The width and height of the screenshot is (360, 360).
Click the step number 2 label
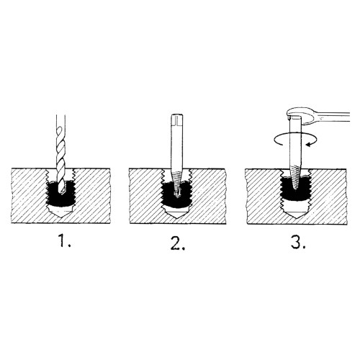(177, 243)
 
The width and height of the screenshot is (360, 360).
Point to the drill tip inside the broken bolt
(62, 190)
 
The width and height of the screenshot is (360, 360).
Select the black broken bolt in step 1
(60, 193)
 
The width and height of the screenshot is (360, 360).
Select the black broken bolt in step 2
(177, 193)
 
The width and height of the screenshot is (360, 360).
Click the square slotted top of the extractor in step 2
(177, 120)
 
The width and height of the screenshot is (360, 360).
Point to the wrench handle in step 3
(333, 116)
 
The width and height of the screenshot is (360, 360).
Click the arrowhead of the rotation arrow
(310, 144)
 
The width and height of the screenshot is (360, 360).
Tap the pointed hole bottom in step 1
(60, 212)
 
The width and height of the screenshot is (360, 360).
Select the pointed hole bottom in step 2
(177, 212)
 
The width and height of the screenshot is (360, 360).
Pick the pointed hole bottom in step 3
(296, 212)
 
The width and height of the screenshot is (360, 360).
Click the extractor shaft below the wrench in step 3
(295, 144)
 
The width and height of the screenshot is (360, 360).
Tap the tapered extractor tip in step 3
(295, 178)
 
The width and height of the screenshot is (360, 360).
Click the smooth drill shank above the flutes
(60, 122)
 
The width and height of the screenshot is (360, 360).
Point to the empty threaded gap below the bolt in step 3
(296, 204)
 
